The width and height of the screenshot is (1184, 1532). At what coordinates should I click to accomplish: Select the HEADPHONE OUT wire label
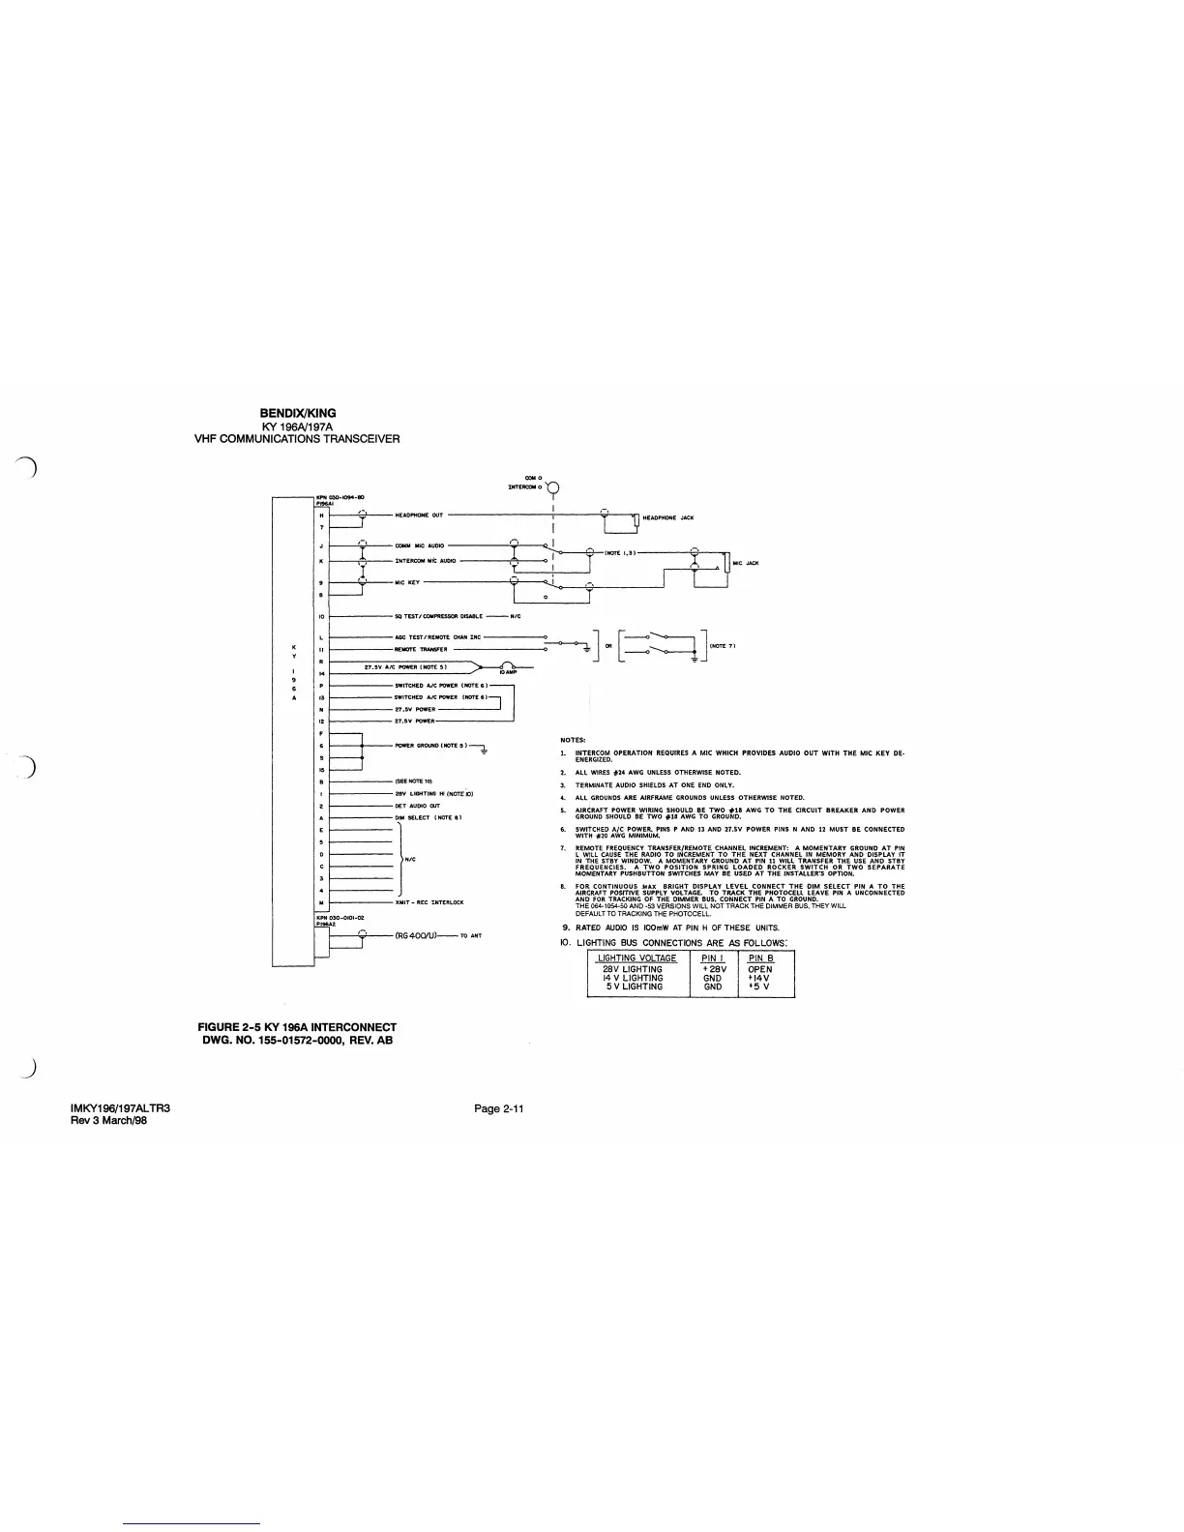(x=420, y=516)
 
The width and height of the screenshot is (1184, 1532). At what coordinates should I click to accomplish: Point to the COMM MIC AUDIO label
(x=420, y=546)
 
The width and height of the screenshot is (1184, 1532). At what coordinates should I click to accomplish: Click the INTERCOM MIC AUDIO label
(x=427, y=560)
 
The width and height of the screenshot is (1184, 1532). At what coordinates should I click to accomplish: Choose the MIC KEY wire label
(x=407, y=582)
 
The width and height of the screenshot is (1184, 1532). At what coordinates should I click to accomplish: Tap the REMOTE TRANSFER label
(x=421, y=650)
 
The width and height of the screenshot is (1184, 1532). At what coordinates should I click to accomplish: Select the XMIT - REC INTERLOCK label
(x=429, y=902)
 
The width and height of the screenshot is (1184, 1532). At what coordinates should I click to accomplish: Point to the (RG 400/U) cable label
(x=418, y=936)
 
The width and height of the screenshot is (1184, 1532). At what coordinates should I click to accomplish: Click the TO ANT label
(x=471, y=936)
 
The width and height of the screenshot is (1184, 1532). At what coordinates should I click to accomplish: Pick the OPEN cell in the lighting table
(x=760, y=969)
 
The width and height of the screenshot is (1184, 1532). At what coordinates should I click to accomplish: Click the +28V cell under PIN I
(x=714, y=969)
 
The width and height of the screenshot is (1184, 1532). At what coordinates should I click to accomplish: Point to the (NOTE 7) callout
(x=725, y=645)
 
